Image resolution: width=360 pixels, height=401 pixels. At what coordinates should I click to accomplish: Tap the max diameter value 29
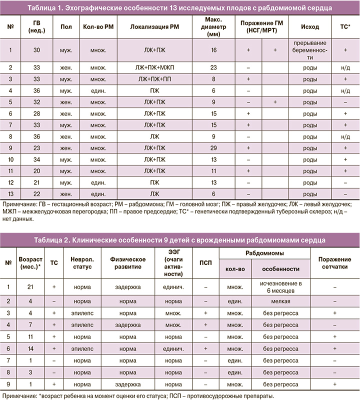pos(213,148)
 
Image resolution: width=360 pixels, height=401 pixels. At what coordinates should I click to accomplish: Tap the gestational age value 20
pos(36,171)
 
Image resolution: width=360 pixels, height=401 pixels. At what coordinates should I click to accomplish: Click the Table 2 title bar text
pos(180,240)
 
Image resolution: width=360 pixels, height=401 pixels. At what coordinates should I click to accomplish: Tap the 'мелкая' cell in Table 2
pos(280,301)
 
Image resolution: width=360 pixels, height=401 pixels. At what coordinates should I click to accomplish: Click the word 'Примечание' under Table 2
pos(19,395)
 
